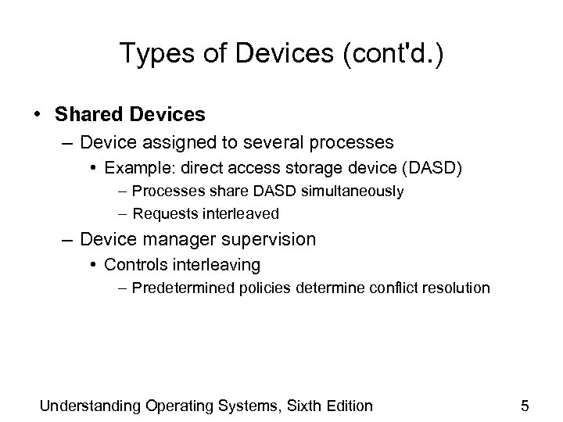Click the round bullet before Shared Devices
(38, 115)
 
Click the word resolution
(456, 288)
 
